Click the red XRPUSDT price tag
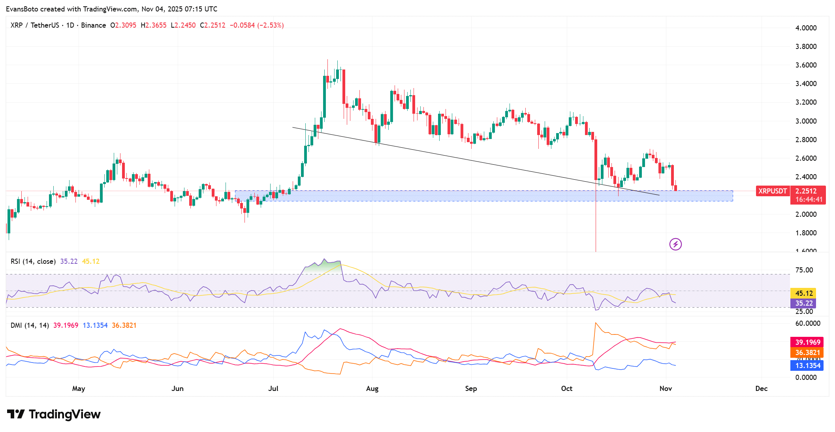(773, 191)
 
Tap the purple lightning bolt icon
(675, 244)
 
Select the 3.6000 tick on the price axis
(806, 65)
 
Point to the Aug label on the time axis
(372, 389)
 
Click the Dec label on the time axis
(761, 389)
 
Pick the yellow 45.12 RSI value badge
(803, 293)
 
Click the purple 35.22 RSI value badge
(803, 303)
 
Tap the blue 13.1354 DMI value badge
(807, 366)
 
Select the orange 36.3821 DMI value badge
(807, 353)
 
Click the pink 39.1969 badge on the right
(807, 342)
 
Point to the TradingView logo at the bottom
(54, 414)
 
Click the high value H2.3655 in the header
(154, 25)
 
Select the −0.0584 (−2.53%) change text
(257, 25)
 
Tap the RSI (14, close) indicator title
(33, 261)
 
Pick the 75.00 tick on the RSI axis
(804, 270)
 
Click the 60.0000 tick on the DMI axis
(807, 323)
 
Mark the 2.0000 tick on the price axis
(806, 214)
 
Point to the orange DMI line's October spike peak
(595, 323)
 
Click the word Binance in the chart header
(94, 25)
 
